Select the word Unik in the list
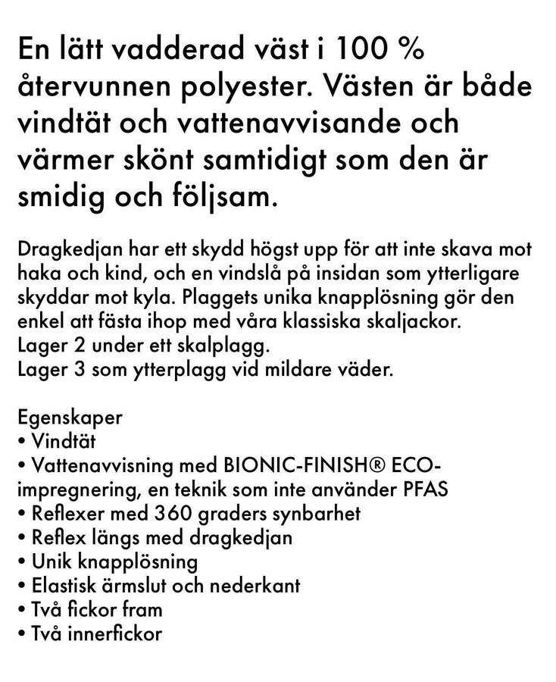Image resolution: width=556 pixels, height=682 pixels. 51,562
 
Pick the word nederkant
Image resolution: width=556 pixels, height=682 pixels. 256,586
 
